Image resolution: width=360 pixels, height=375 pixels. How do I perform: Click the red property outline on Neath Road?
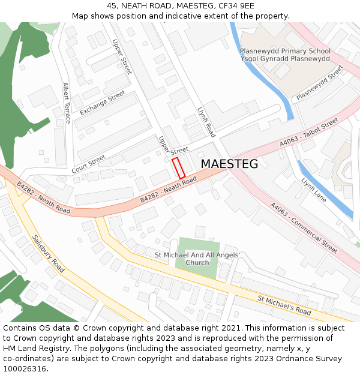[179, 167]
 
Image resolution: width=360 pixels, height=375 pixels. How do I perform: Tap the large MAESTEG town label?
[229, 164]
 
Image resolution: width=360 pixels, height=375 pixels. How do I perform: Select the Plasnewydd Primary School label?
[285, 52]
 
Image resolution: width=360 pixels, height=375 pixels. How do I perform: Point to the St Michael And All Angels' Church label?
[197, 259]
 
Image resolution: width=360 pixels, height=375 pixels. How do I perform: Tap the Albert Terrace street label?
[66, 103]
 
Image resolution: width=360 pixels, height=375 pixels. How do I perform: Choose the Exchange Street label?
[103, 103]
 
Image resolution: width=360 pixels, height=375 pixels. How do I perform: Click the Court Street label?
[88, 162]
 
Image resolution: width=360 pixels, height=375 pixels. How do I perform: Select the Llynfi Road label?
[206, 122]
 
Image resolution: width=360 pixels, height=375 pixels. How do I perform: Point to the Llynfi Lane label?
[314, 189]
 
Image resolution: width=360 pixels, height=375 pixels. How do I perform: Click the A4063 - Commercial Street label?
[304, 227]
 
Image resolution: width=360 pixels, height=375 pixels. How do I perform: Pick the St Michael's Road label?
[284, 305]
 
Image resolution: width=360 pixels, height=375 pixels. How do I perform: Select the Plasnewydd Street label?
[319, 83]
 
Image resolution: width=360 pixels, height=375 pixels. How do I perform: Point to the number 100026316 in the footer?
[25, 368]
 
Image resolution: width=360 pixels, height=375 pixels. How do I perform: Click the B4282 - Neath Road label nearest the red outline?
[169, 190]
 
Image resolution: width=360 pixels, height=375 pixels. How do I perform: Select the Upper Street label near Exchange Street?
[122, 57]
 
